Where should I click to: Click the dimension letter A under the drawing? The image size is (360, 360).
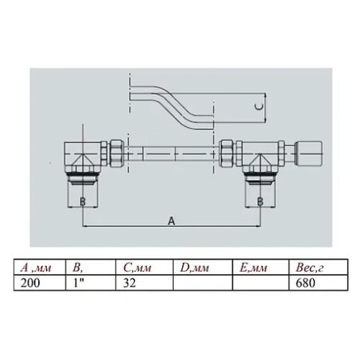(x=171, y=222)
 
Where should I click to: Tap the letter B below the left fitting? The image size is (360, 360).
(x=83, y=202)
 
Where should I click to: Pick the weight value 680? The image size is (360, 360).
(x=303, y=283)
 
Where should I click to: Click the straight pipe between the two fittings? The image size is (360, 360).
(x=173, y=153)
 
